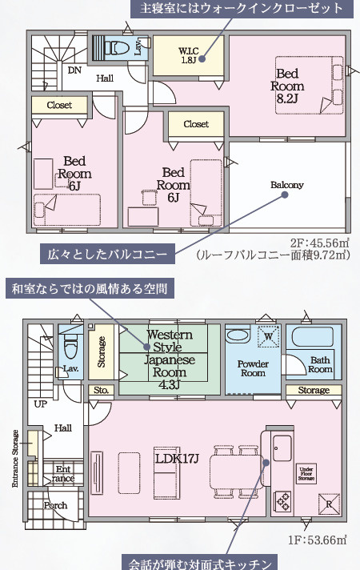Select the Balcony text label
point(286,185)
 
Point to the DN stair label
point(74,70)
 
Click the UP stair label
point(39,403)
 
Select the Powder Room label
point(252,368)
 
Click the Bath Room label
point(320,364)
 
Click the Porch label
point(55,505)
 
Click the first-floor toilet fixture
point(70,348)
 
